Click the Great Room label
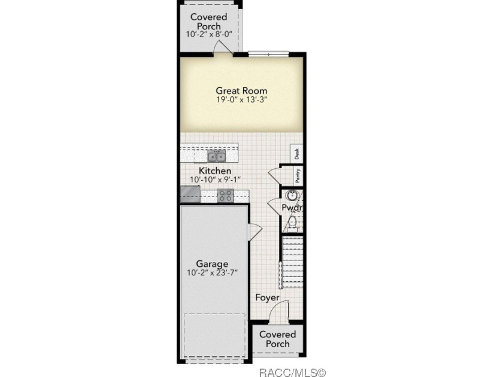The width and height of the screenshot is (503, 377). tap(241, 91)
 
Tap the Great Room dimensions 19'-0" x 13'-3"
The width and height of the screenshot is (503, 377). tap(241, 100)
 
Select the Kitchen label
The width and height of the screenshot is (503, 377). tap(215, 171)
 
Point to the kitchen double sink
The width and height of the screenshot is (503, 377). tap(217, 156)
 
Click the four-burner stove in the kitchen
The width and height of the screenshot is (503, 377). tap(225, 196)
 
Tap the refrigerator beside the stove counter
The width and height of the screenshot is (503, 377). tap(190, 194)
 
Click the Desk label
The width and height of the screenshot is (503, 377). tap(297, 154)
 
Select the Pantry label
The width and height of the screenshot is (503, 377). tap(298, 176)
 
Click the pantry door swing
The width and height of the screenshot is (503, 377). tap(274, 176)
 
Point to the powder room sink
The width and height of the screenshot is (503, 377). tap(292, 195)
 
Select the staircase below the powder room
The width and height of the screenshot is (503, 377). tap(292, 262)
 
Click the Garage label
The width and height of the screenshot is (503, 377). tap(212, 264)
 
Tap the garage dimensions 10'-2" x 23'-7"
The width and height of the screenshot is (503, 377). tap(212, 273)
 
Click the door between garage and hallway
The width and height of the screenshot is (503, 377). tap(255, 231)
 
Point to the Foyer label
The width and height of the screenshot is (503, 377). tap(267, 298)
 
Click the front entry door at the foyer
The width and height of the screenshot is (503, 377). tap(278, 311)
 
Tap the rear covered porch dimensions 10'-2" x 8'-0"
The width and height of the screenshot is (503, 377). tap(209, 34)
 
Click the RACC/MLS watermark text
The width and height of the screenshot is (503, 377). tap(292, 372)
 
